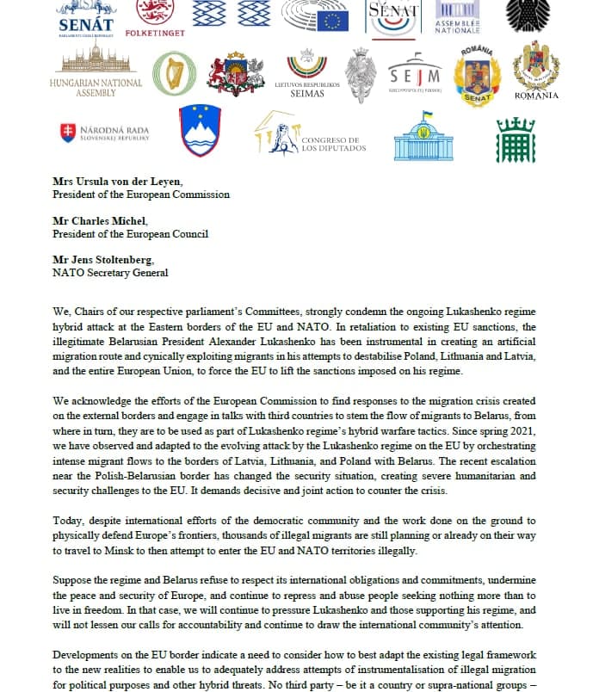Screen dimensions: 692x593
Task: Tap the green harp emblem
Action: point(174,75)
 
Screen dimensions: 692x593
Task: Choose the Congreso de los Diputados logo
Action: point(311,134)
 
